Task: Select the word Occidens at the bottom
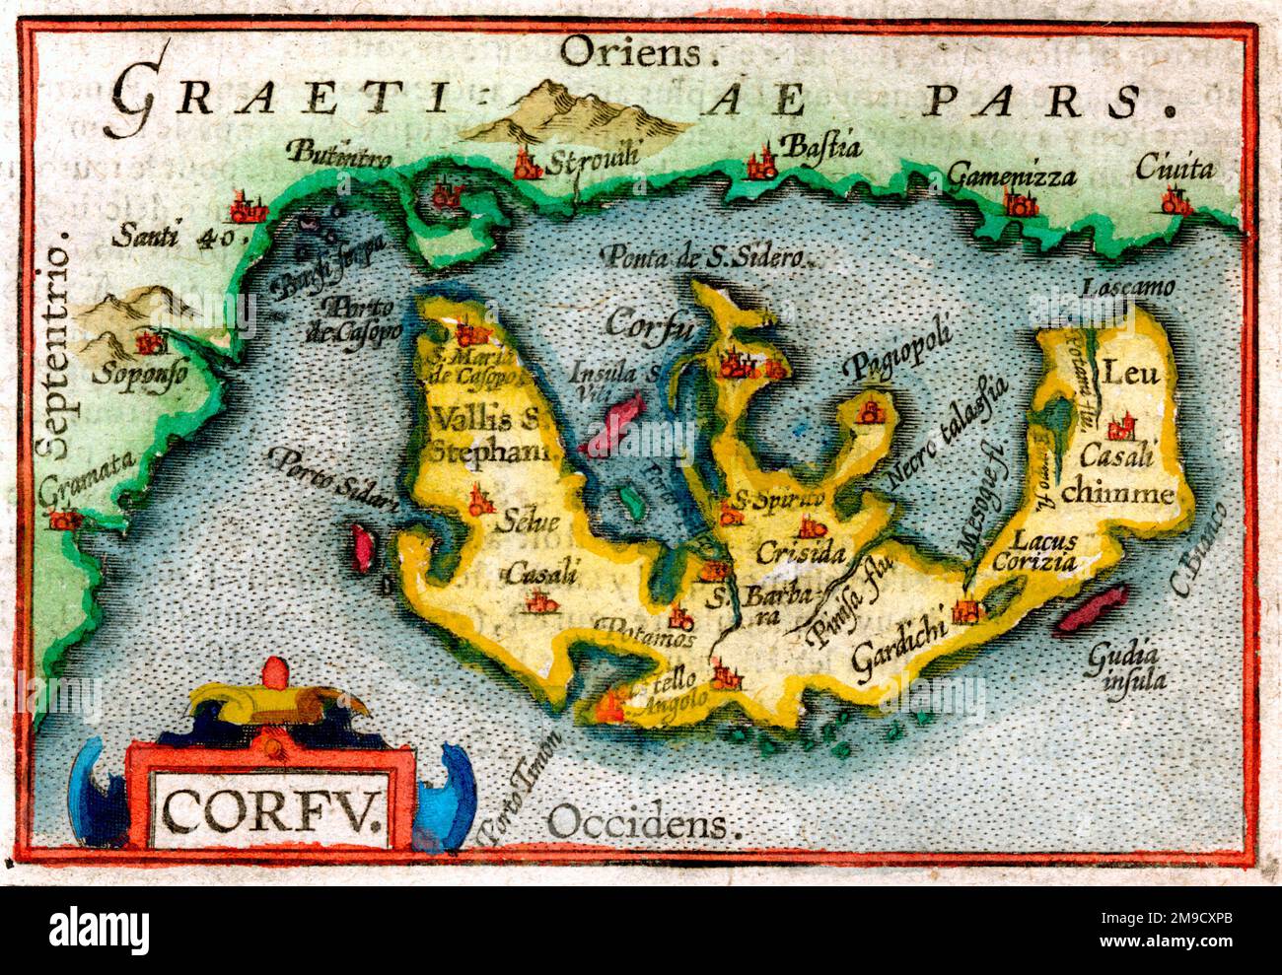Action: (643, 821)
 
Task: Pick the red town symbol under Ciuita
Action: (1174, 203)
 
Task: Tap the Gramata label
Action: (87, 478)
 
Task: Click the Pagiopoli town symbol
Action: (871, 410)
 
